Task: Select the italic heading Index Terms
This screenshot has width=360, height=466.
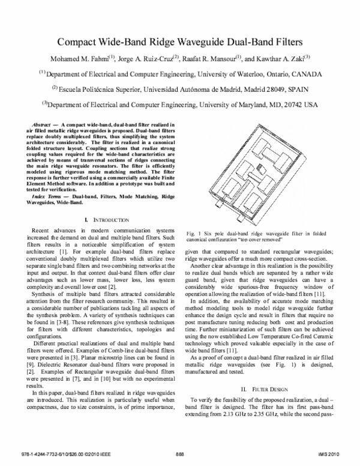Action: pyautogui.click(x=49, y=197)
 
